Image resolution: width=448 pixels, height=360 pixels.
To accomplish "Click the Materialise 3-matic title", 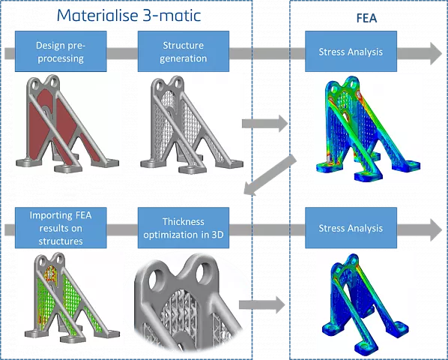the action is (129, 15).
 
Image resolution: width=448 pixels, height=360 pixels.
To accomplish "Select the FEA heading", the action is (366, 18).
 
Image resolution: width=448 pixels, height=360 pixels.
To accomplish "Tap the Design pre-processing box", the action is (61, 52).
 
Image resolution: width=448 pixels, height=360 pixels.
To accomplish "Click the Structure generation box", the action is (184, 52).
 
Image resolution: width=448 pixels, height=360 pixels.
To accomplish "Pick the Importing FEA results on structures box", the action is (61, 228).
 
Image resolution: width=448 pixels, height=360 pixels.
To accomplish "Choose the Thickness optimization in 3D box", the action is (184, 228).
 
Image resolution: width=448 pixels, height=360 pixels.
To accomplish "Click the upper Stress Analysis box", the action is (351, 52).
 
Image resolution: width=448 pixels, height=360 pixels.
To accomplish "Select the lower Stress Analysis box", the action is (351, 228).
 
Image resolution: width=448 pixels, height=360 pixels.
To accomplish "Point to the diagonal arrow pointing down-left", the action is (270, 175).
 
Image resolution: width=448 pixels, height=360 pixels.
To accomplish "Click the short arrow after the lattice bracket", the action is (265, 124).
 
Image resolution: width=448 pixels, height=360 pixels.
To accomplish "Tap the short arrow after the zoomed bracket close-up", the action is (262, 304).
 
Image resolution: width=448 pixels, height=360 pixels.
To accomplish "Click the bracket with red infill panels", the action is (67, 124).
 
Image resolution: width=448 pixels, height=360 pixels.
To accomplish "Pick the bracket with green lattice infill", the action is (72, 298).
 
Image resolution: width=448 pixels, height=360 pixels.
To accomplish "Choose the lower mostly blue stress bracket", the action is (366, 304).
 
